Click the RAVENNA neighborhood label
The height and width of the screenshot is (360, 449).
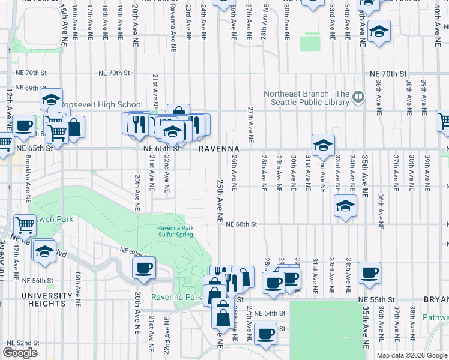219,148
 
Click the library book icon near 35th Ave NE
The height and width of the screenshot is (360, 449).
358,95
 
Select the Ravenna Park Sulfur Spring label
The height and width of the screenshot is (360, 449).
175,231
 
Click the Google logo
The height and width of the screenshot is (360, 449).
20,353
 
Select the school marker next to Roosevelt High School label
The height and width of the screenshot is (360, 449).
52,98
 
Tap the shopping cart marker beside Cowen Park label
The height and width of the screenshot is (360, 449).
25,225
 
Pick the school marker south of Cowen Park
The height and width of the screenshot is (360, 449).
44,250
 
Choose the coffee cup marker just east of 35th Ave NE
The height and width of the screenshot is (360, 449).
369,272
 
